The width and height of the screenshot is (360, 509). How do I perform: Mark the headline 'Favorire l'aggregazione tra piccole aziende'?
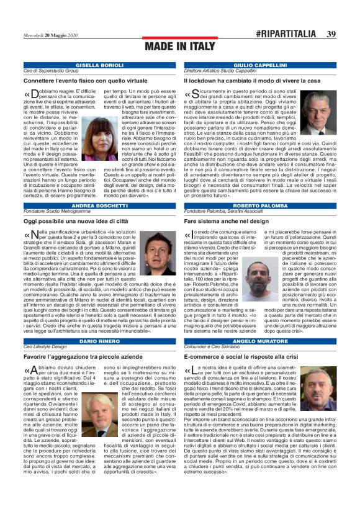[x=84, y=358]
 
